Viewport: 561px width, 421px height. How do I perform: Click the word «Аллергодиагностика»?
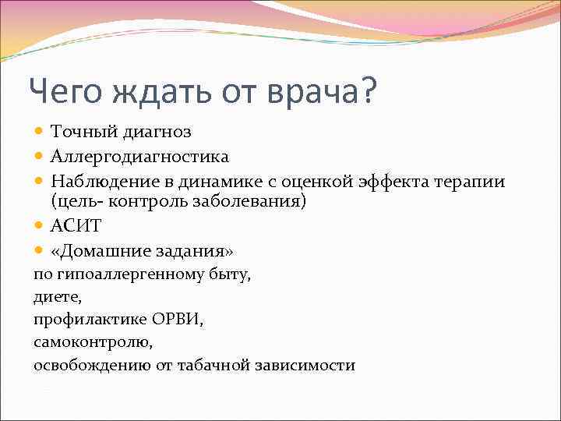coord(139,157)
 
